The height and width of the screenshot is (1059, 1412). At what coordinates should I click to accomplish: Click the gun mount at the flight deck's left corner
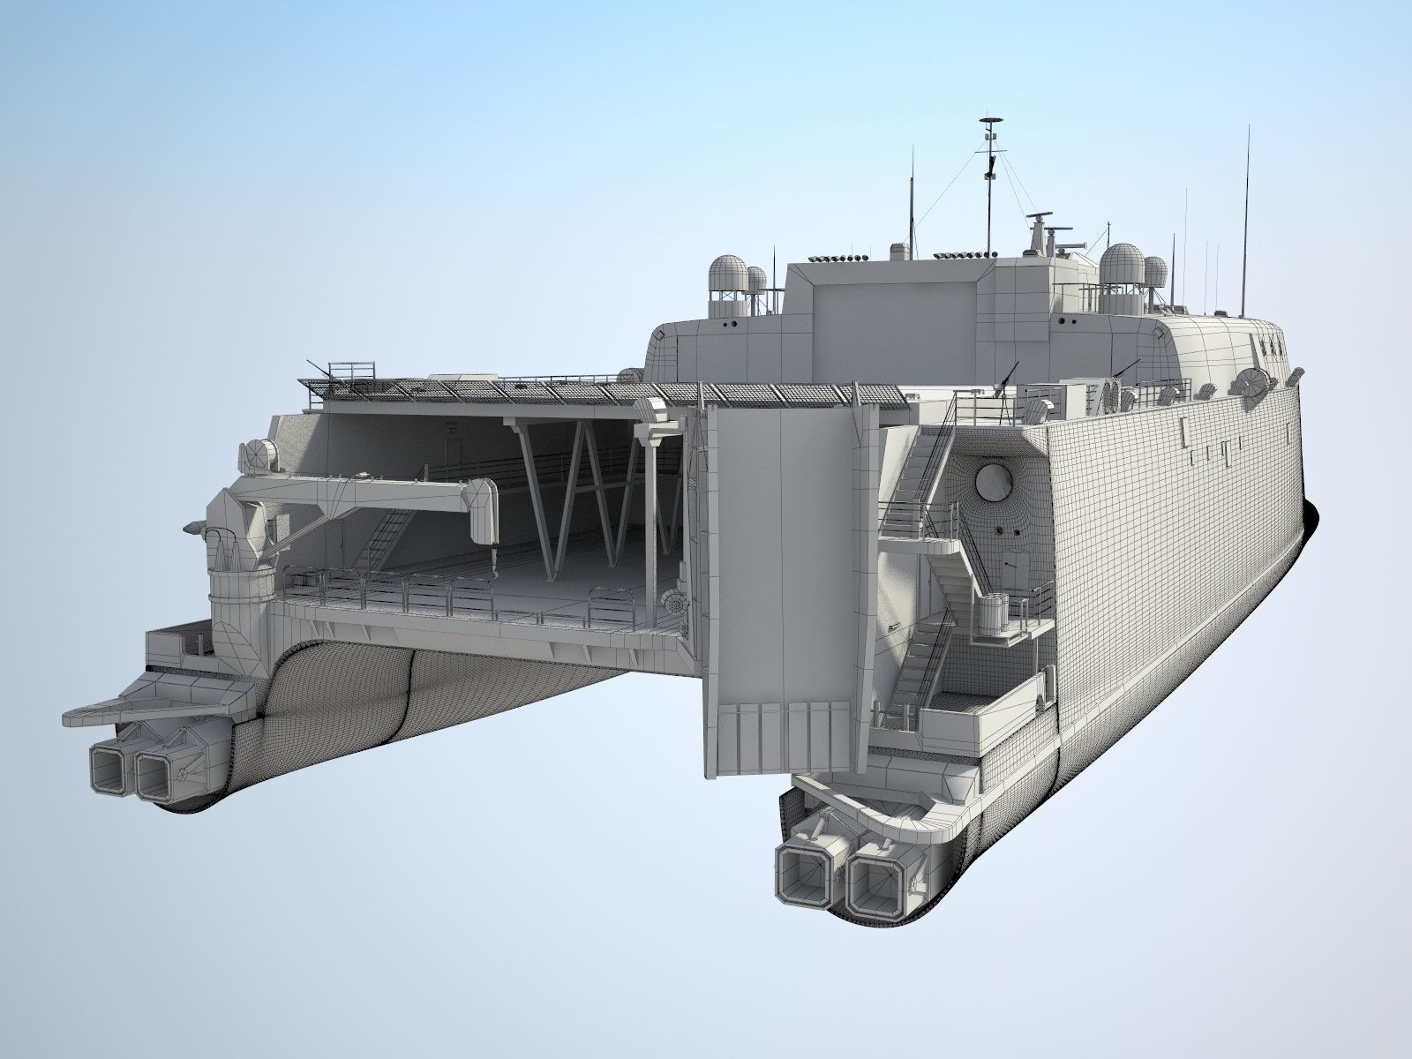(x=322, y=375)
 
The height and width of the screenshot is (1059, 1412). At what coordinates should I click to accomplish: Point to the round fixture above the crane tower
(x=259, y=454)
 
